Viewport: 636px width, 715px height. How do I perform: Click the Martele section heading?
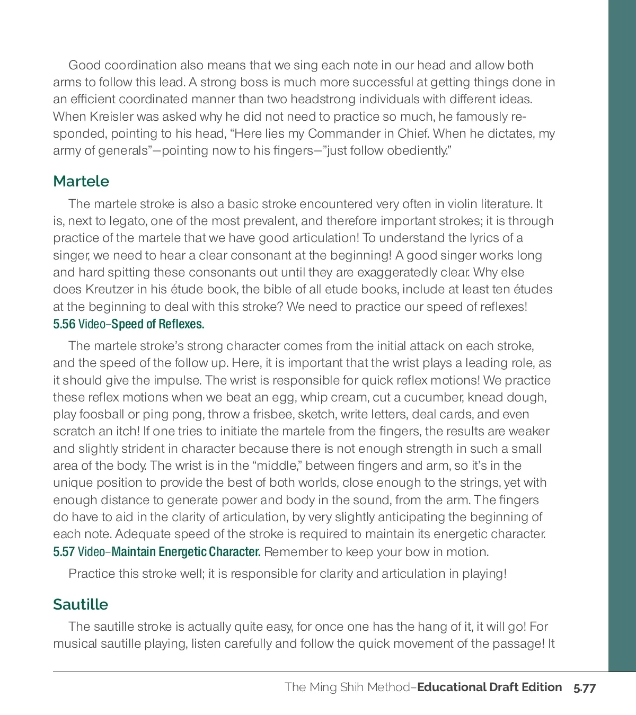(x=81, y=181)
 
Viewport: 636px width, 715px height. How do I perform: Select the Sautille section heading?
(x=81, y=604)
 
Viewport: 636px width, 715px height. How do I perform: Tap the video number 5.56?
(x=64, y=324)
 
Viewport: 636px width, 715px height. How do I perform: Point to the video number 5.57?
(x=64, y=552)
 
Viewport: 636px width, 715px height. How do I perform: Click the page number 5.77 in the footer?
(x=585, y=688)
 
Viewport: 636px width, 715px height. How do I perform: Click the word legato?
(x=117, y=221)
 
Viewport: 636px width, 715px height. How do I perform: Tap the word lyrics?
(x=482, y=238)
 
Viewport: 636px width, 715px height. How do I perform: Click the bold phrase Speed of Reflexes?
(x=158, y=324)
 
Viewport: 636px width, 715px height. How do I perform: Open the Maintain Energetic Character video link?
(x=186, y=552)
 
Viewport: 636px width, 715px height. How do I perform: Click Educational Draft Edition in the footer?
(x=490, y=687)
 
